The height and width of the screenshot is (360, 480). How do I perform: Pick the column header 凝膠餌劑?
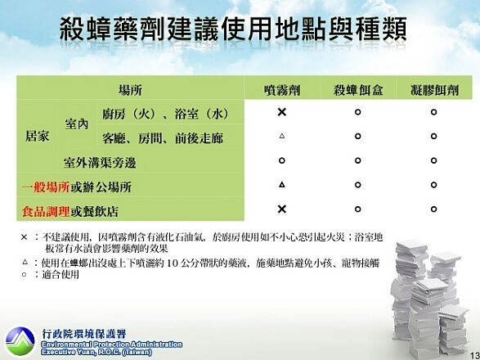433,88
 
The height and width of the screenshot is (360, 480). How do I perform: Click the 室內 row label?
76,124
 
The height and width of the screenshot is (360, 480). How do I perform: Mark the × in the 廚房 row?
280,112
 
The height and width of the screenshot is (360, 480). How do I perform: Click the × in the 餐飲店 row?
280,209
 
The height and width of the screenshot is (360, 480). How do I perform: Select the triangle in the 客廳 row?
280,136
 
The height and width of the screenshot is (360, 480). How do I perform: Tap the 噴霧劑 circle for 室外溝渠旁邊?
280,160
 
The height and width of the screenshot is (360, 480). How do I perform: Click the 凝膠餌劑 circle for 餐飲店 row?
433,209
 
